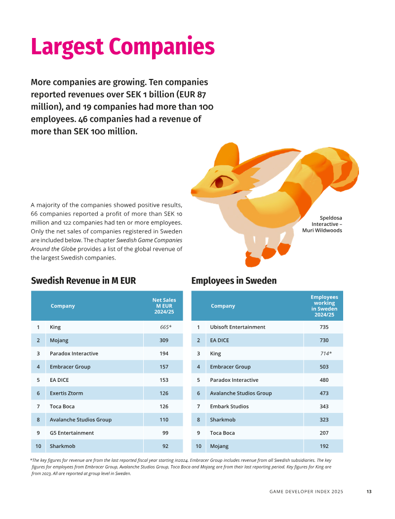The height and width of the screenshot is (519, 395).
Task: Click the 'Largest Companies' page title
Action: coord(123,47)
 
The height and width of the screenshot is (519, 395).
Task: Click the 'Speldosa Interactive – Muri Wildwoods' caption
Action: coord(322,224)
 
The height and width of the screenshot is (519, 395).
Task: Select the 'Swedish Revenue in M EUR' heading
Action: coord(83,281)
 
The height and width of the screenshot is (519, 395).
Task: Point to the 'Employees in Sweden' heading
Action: coord(234,281)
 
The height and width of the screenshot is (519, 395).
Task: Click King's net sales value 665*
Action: coord(166,327)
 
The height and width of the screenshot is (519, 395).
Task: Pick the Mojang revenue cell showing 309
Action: coord(164,340)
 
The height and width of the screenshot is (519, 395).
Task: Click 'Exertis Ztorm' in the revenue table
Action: coord(66,393)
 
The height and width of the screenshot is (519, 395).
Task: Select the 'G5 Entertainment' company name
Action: coord(72,433)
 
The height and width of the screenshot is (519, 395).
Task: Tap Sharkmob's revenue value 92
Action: coord(165,446)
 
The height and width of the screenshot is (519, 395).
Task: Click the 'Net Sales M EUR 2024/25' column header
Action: coord(164,306)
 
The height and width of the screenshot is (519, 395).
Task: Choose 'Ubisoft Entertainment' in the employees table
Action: coord(237,327)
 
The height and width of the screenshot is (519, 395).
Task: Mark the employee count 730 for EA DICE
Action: coord(324,340)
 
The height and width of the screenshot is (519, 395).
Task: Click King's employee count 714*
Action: coord(326,354)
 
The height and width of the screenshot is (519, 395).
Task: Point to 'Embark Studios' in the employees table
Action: coord(229,407)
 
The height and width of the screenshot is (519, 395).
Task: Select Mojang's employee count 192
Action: coord(324,446)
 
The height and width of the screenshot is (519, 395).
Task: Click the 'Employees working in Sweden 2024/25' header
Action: coord(324,306)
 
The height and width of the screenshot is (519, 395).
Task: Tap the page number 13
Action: coord(369,491)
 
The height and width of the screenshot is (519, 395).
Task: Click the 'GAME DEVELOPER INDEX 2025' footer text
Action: coord(306,491)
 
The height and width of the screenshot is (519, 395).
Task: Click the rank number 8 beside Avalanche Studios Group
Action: coord(38,420)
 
